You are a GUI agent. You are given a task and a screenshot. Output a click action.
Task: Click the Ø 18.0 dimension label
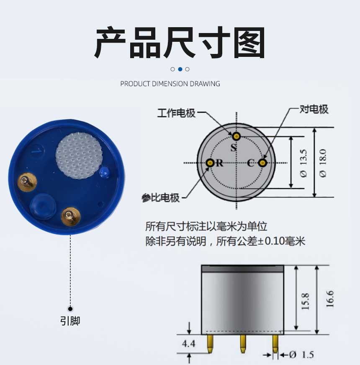pyautogui.click(x=323, y=163)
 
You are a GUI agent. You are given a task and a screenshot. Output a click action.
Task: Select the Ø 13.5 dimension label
pyautogui.click(x=303, y=163)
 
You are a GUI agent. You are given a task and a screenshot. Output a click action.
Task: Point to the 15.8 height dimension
pyautogui.click(x=305, y=301)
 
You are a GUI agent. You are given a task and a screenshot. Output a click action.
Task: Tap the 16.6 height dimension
pyautogui.click(x=330, y=299)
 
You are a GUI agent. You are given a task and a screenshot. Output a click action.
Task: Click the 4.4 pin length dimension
pyautogui.click(x=188, y=344)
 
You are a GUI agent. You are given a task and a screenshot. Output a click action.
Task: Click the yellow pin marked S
pyautogui.click(x=236, y=136)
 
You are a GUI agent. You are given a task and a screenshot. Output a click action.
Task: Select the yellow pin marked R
pyautogui.click(x=210, y=163)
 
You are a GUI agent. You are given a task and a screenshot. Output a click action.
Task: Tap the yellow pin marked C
pyautogui.click(x=262, y=163)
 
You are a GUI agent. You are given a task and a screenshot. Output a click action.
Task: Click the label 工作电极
pyautogui.click(x=176, y=113)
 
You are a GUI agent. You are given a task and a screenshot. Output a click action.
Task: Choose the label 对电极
pyautogui.click(x=314, y=109)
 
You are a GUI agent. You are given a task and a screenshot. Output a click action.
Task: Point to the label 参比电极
pyautogui.click(x=161, y=198)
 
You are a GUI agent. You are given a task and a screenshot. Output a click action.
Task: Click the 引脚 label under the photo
pyautogui.click(x=70, y=321)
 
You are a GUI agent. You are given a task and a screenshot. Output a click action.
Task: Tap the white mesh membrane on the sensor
pyautogui.click(x=79, y=156)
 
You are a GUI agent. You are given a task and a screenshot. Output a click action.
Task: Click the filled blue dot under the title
pyautogui.click(x=180, y=69)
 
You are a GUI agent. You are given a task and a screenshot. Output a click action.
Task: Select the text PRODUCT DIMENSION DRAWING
pyautogui.click(x=170, y=84)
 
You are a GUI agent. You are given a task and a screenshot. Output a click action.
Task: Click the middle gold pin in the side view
pyautogui.click(x=243, y=344)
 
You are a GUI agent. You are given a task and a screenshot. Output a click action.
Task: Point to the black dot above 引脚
pyautogui.click(x=70, y=309)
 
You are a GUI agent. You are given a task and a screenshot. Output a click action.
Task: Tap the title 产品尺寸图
pyautogui.click(x=180, y=43)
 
